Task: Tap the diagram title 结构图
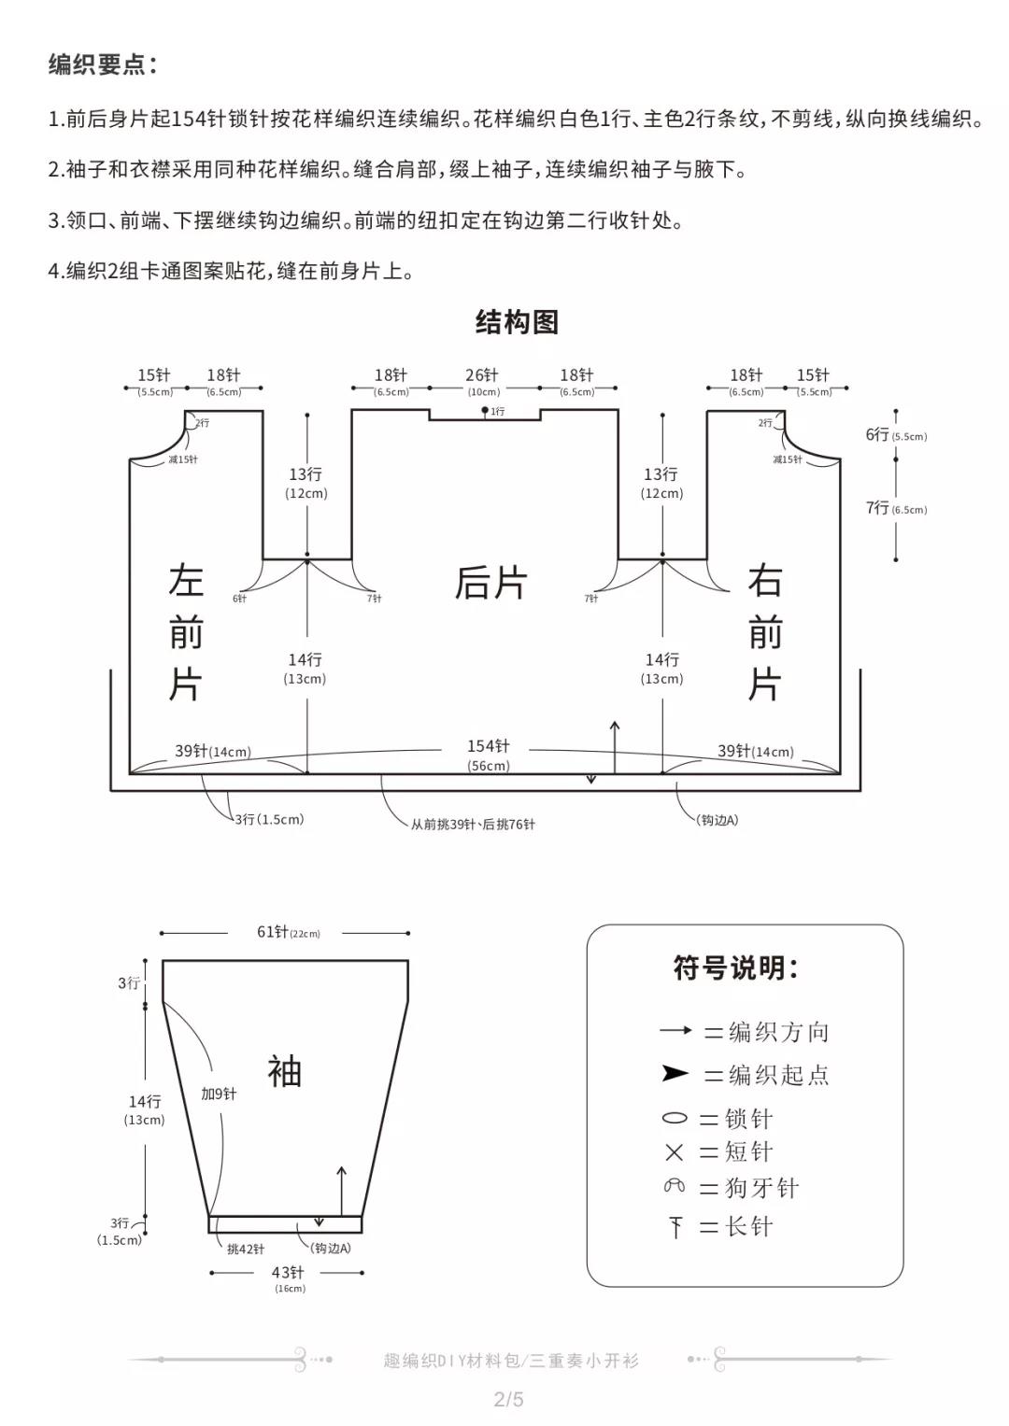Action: (517, 322)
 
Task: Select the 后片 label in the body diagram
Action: (490, 583)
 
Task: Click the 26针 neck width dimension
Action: (481, 375)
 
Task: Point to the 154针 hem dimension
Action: (488, 746)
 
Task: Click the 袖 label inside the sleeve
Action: (284, 1071)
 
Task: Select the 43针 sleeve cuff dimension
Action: (288, 1273)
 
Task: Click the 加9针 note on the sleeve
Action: (219, 1094)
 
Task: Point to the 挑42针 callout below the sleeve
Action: (245, 1249)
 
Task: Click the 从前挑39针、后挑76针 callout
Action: (473, 825)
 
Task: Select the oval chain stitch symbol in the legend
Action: (675, 1118)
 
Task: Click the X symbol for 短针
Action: (674, 1151)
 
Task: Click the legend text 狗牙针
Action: (761, 1188)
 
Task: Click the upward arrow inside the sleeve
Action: (341, 1192)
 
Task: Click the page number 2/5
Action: (508, 1399)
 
